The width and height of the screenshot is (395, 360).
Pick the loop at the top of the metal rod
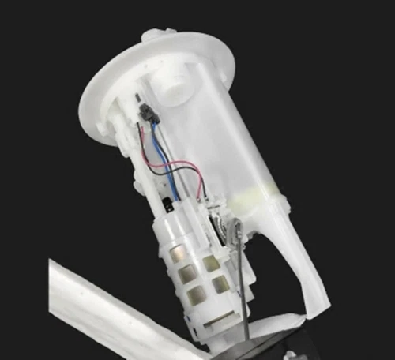tap(235, 229)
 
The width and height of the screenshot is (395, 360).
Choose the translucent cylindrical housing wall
tap(237, 134)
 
